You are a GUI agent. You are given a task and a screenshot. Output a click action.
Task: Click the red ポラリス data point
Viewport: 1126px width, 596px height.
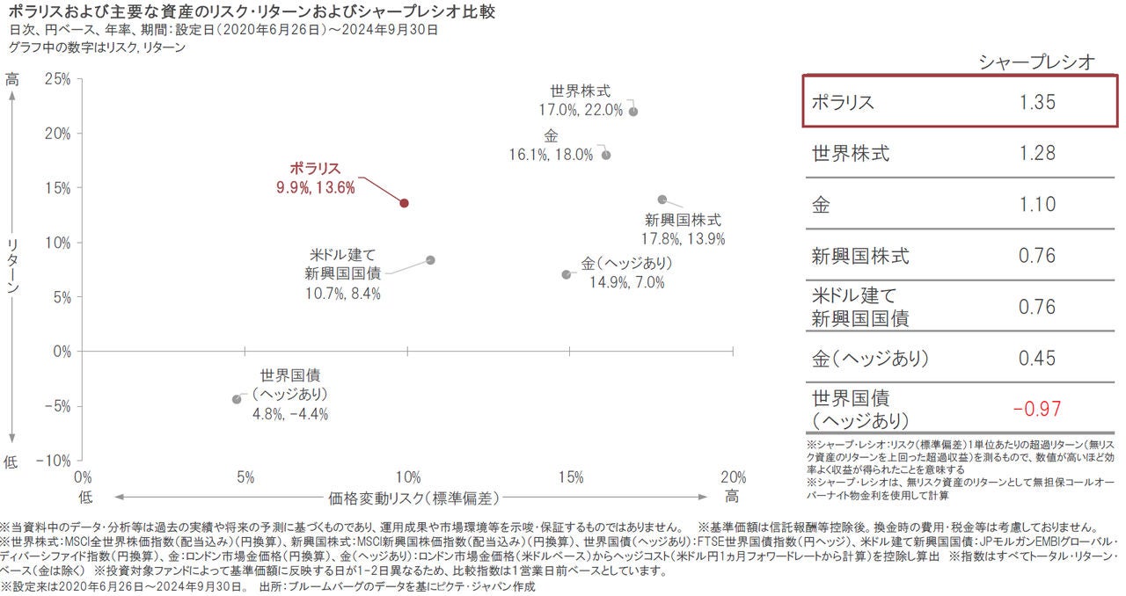(405, 203)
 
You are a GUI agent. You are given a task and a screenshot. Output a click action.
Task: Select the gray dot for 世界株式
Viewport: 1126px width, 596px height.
(633, 112)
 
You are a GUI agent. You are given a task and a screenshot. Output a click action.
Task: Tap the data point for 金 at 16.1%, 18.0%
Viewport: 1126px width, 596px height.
(606, 155)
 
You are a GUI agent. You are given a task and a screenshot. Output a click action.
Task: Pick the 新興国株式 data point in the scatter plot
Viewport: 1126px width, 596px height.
(662, 200)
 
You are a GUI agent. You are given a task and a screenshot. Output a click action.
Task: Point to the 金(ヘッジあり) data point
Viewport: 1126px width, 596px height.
(567, 274)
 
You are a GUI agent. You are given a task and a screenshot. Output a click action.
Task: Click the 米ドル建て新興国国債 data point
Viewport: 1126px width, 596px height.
(430, 260)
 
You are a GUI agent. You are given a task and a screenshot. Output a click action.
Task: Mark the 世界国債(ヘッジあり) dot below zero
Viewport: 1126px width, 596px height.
(237, 399)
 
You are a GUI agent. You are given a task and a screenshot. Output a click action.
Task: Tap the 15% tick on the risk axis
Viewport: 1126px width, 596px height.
(570, 477)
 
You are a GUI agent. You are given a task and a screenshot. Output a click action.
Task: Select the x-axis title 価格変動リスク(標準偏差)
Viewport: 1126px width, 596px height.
(414, 498)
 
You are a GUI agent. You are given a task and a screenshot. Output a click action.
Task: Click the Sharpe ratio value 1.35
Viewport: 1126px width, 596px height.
(1037, 102)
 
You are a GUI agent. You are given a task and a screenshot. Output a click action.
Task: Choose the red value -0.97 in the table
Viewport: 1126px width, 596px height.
(1037, 409)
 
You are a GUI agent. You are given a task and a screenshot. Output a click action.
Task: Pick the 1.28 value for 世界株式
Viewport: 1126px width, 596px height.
(1037, 154)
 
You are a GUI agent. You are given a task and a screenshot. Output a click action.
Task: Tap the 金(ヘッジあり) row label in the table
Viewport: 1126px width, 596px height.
(870, 359)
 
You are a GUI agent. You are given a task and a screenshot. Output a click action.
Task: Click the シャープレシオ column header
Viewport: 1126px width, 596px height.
(1037, 62)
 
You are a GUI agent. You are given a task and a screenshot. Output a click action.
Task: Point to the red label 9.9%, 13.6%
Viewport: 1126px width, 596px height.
(315, 187)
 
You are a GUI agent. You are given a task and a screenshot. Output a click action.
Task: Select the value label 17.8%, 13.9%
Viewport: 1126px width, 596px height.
(684, 238)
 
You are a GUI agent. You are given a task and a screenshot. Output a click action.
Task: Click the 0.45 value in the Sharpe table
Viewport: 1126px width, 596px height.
(1037, 359)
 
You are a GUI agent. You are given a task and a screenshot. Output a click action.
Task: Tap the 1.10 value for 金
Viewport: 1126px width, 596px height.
(1037, 205)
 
